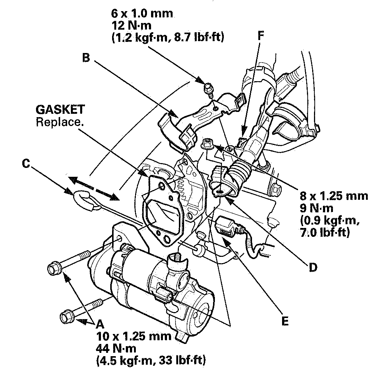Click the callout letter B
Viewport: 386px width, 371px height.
[x=86, y=58]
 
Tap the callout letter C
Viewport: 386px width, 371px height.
[x=26, y=163]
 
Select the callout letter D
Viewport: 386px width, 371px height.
[x=313, y=268]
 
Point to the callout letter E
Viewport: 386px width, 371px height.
[x=285, y=321]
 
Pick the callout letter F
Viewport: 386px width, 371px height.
[x=261, y=36]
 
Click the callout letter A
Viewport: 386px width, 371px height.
[x=100, y=324]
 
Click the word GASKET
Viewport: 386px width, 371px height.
[x=60, y=109]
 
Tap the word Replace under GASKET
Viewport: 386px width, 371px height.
[x=60, y=122]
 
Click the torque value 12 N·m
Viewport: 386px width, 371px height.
[x=131, y=25]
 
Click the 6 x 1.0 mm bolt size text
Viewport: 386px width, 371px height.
[x=142, y=13]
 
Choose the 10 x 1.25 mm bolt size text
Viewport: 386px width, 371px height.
[x=134, y=336]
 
